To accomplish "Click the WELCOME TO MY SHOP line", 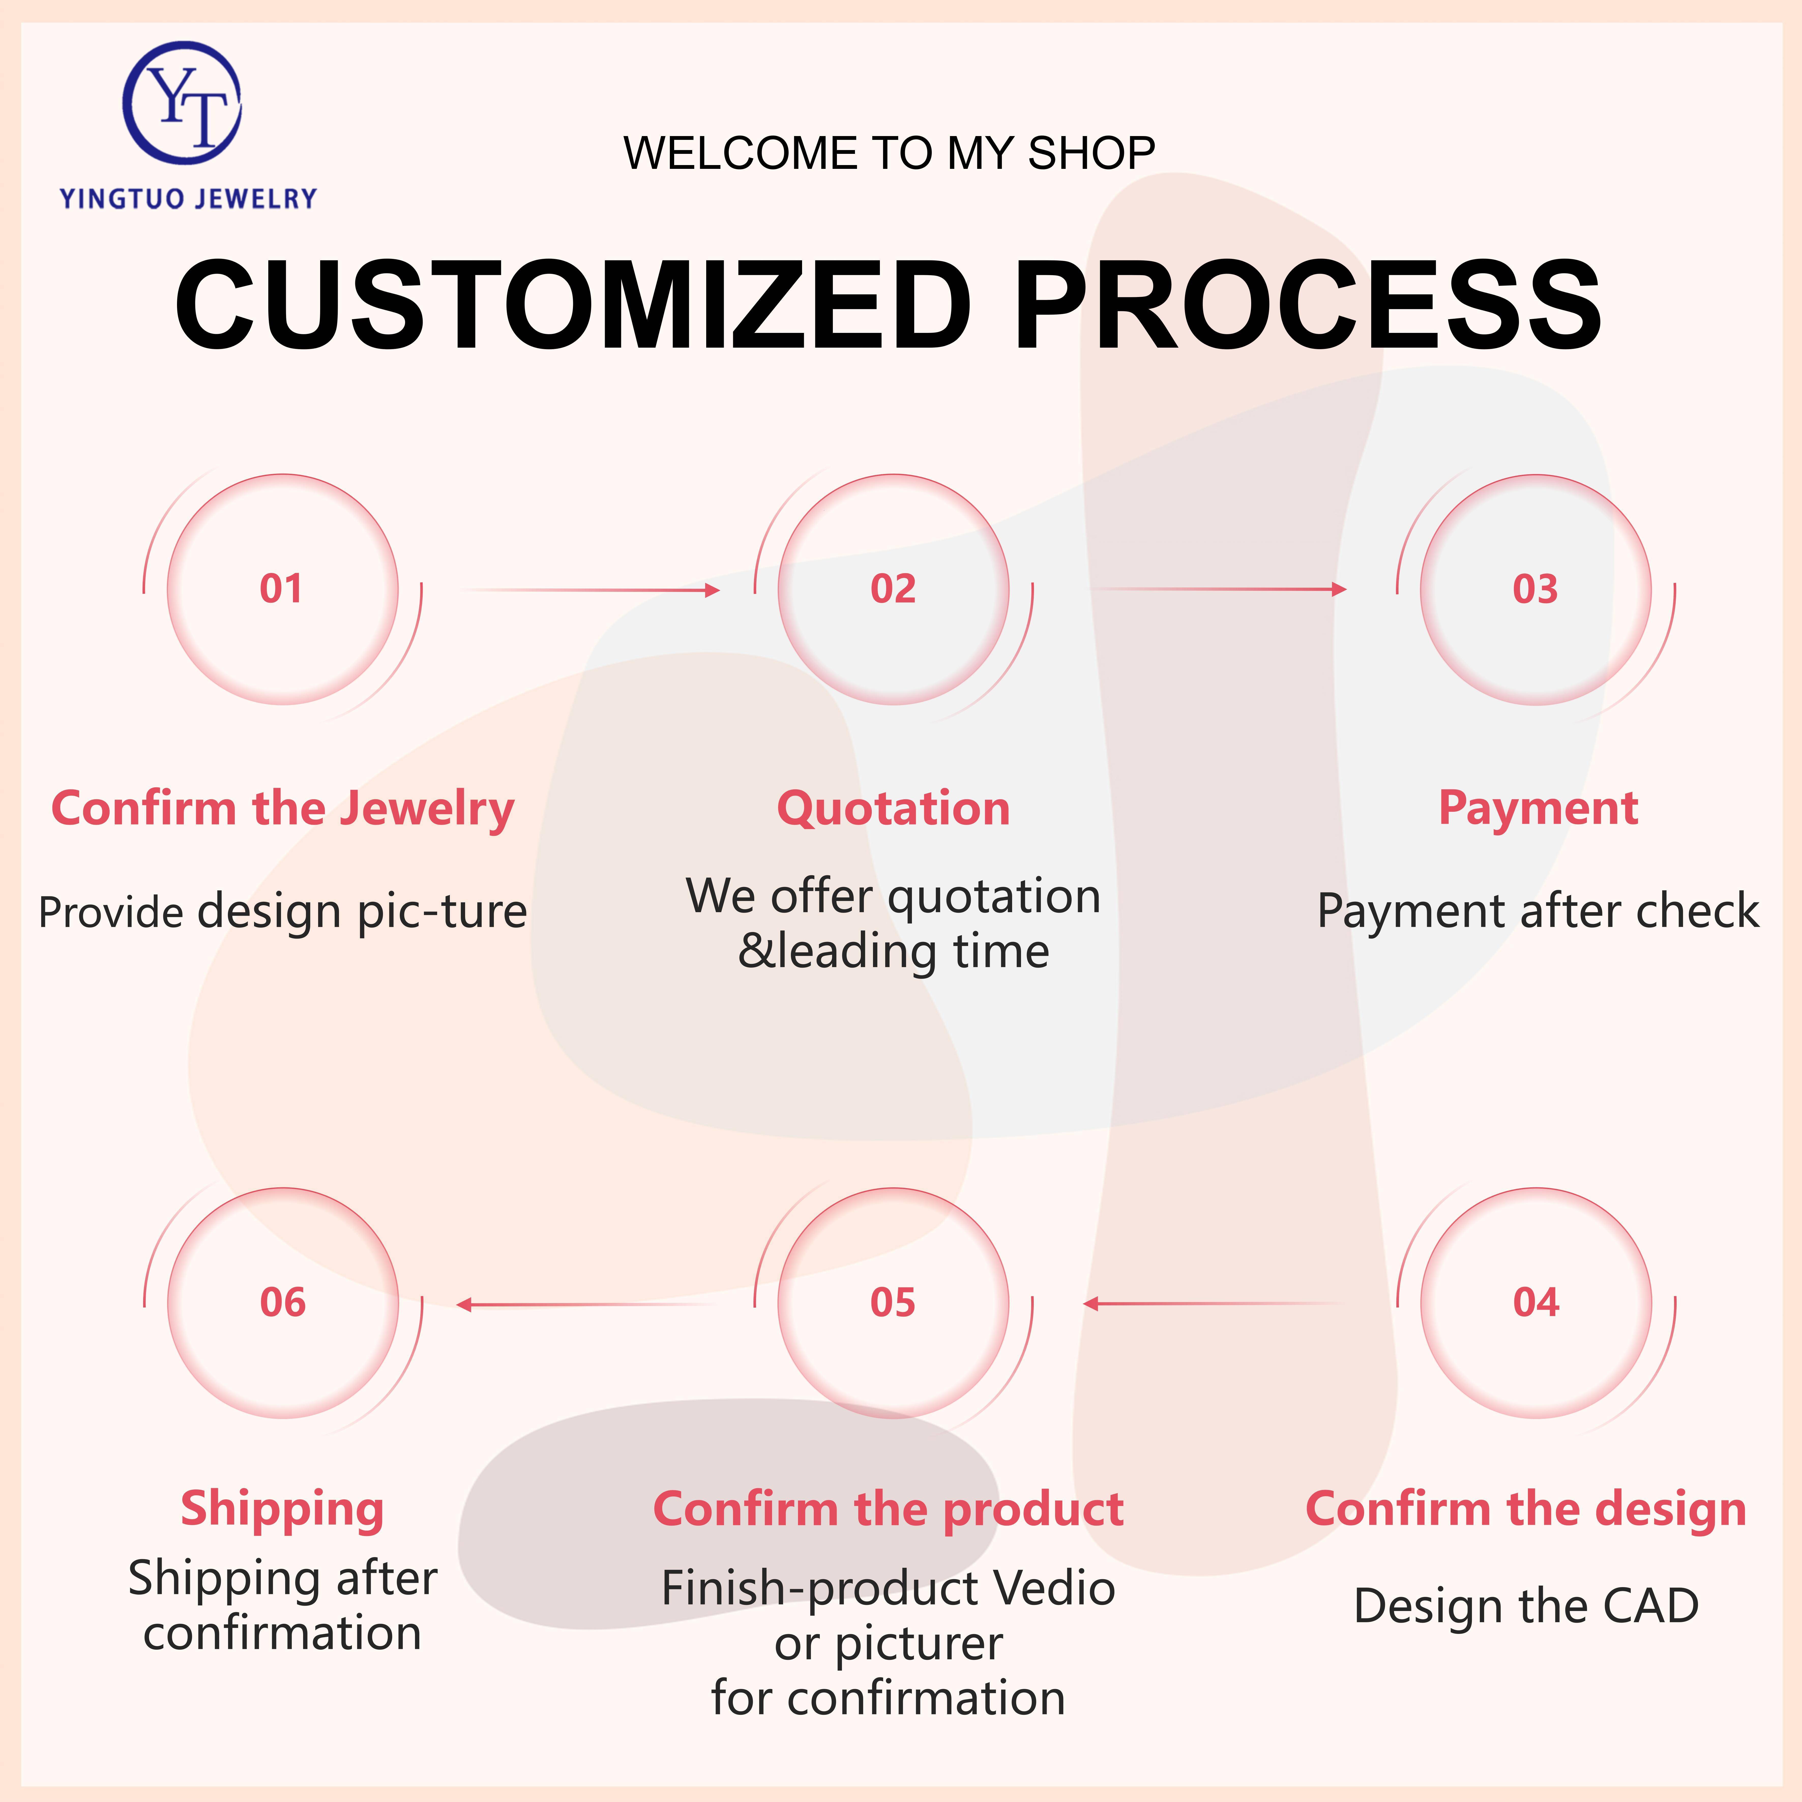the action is (889, 153).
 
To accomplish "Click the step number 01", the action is (281, 588).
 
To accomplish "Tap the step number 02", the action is (893, 588).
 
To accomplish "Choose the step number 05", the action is (893, 1302).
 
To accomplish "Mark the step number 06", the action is (283, 1302).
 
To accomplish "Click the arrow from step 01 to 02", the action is (590, 589).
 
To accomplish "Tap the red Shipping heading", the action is (282, 1508).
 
